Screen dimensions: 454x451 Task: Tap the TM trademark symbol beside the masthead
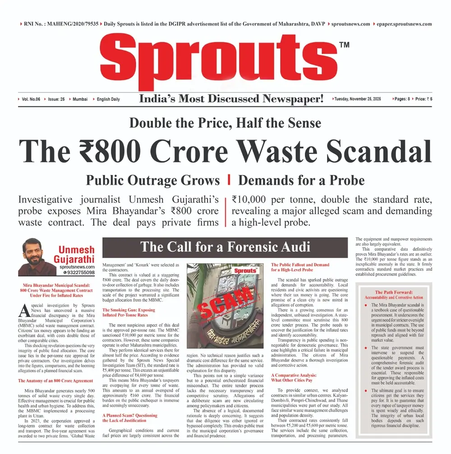click(344, 45)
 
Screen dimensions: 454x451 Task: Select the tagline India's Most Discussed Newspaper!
click(231, 99)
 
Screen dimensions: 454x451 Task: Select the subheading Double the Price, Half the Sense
click(225, 123)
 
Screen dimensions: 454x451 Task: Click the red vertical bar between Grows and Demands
click(229, 180)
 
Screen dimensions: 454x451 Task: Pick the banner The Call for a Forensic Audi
click(225, 247)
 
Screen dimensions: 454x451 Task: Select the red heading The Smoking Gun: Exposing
click(129, 310)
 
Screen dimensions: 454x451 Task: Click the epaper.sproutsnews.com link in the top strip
click(404, 24)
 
